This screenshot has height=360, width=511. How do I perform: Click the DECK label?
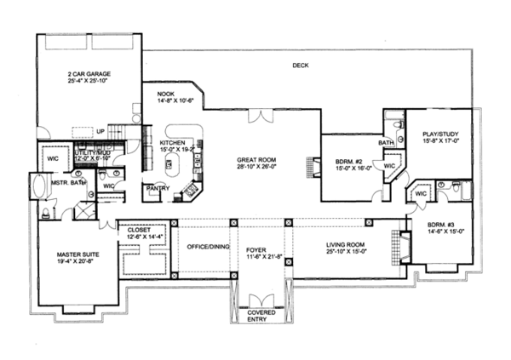pyautogui.click(x=299, y=66)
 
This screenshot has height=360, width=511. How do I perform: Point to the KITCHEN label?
pyautogui.click(x=174, y=141)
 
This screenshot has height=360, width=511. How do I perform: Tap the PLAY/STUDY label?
pyautogui.click(x=439, y=133)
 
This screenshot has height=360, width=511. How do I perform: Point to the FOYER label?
pyautogui.click(x=257, y=249)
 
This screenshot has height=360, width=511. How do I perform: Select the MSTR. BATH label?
pyautogui.click(x=67, y=181)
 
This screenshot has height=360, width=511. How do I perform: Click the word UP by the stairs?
pyautogui.click(x=100, y=131)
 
